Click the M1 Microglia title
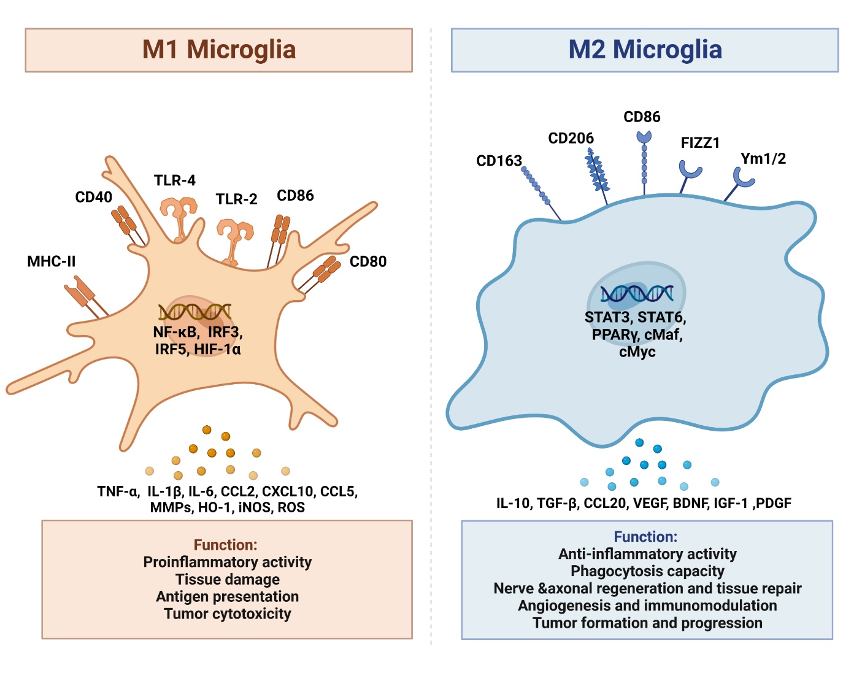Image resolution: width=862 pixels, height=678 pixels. [x=219, y=50]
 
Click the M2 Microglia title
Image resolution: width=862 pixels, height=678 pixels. [x=645, y=50]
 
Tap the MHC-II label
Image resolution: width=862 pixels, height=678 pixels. [x=52, y=261]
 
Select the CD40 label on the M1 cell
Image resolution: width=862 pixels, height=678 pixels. [x=93, y=197]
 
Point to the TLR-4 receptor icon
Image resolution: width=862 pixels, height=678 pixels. [x=179, y=215]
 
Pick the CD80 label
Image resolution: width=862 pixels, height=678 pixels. [x=368, y=261]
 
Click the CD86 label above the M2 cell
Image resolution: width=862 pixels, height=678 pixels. [x=642, y=117]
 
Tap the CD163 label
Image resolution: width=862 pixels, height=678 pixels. [x=499, y=161]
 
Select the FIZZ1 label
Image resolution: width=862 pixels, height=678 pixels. [x=700, y=143]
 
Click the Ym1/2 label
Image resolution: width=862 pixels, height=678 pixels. [x=763, y=158]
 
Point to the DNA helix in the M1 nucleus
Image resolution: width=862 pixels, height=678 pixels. [x=194, y=312]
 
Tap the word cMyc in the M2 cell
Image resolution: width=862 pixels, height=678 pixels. [x=637, y=352]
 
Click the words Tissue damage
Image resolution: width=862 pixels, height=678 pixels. [x=228, y=579]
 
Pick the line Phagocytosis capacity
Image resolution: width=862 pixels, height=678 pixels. [x=647, y=571]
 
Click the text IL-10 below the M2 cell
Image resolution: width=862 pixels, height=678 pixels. [x=513, y=503]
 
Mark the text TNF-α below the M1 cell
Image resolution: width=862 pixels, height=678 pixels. [x=118, y=491]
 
